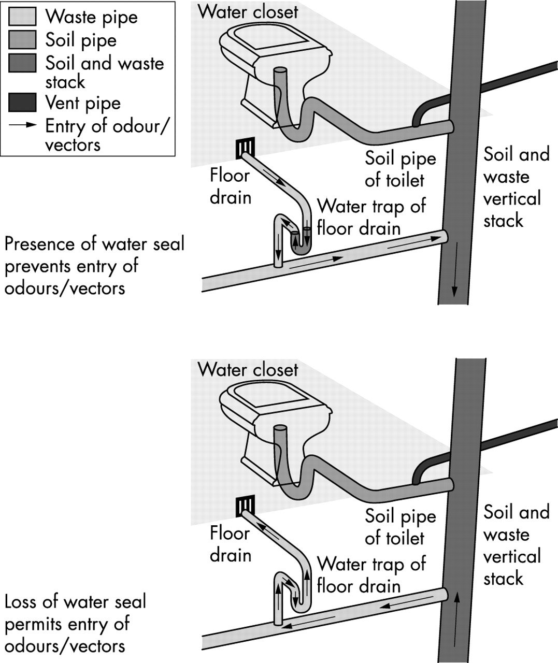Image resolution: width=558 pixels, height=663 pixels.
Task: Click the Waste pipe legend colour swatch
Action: coord(22,17)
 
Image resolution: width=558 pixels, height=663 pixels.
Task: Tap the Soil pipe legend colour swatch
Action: coord(22,39)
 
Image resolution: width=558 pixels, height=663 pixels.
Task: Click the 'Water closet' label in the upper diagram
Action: coord(248,11)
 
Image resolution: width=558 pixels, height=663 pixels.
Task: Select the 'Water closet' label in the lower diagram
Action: coord(248,369)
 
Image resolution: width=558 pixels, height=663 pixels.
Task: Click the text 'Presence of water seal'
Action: coord(94,243)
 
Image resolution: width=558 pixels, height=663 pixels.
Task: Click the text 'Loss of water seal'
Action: coord(75,602)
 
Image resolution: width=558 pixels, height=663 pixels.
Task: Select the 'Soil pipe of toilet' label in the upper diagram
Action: coord(400,169)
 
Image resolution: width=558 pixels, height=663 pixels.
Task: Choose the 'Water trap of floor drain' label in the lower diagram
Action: coord(370,574)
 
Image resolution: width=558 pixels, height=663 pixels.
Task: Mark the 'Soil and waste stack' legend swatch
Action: coord(22,62)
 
